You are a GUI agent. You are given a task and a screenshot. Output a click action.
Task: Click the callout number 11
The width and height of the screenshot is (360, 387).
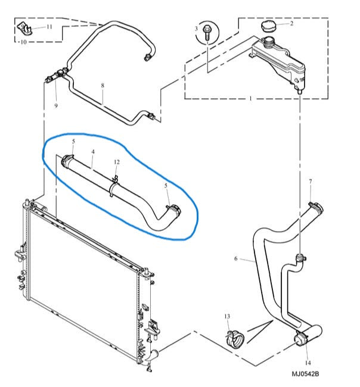[49, 27]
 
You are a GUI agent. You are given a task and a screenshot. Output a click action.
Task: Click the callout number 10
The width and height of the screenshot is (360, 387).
[23, 43]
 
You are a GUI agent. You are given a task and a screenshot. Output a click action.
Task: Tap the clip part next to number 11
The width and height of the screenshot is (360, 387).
[25, 27]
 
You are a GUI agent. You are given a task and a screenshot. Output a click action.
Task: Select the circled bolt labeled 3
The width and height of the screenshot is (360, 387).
[206, 33]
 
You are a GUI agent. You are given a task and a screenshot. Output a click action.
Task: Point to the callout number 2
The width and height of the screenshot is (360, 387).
[291, 24]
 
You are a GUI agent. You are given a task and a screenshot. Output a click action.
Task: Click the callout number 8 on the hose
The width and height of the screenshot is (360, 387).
[102, 86]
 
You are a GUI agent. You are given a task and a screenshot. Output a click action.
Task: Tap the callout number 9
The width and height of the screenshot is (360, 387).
[56, 106]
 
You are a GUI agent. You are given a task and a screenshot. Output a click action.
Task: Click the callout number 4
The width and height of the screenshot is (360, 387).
[93, 152]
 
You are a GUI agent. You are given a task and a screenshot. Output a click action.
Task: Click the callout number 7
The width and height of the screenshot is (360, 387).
[310, 180]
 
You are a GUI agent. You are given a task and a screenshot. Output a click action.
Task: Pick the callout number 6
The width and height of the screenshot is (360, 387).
[236, 258]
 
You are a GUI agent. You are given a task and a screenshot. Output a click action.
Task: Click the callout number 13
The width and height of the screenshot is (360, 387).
[227, 316]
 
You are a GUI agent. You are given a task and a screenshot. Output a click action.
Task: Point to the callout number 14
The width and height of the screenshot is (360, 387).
[308, 362]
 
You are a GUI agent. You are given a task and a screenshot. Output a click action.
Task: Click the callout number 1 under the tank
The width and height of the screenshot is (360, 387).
[250, 97]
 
